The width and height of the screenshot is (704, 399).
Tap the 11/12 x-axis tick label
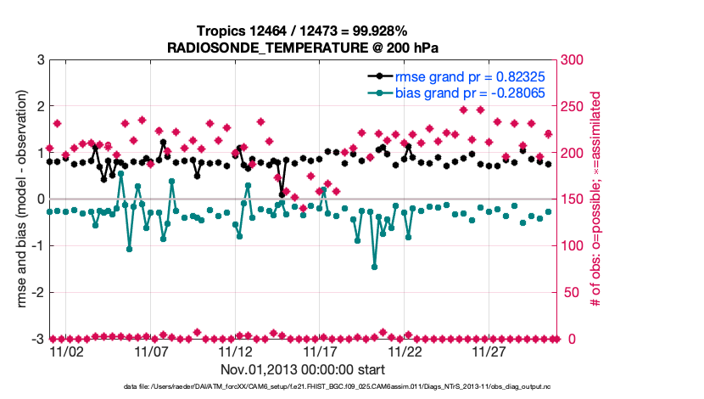(236, 351)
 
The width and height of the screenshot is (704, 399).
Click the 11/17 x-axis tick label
(321, 351)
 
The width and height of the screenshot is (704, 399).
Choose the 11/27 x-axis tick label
(489, 351)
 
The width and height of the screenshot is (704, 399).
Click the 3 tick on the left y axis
(40, 60)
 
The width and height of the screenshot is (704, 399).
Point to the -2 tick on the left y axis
(37, 293)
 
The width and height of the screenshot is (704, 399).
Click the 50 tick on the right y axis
(573, 293)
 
